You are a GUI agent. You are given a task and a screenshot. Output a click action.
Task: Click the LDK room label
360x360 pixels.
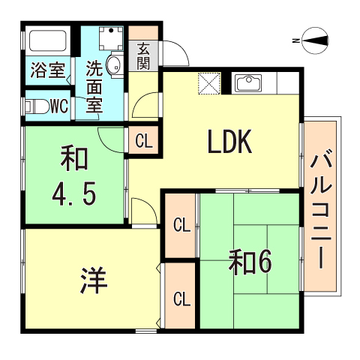(x=223, y=142)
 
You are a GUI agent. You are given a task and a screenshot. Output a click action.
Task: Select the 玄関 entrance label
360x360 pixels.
(x=144, y=55)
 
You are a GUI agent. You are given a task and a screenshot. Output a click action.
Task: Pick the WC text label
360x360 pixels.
(x=58, y=106)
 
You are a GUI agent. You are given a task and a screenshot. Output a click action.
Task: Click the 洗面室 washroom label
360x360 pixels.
(x=94, y=85)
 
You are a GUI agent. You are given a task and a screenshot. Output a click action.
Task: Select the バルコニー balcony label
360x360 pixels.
(x=322, y=209)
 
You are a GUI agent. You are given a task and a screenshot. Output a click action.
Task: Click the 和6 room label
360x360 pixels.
(x=250, y=262)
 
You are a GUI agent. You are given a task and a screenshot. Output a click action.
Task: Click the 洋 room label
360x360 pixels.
(x=94, y=281)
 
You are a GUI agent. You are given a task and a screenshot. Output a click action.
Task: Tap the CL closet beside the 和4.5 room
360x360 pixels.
(x=144, y=140)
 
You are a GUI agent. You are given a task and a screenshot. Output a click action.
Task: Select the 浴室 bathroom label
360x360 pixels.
(x=47, y=71)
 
